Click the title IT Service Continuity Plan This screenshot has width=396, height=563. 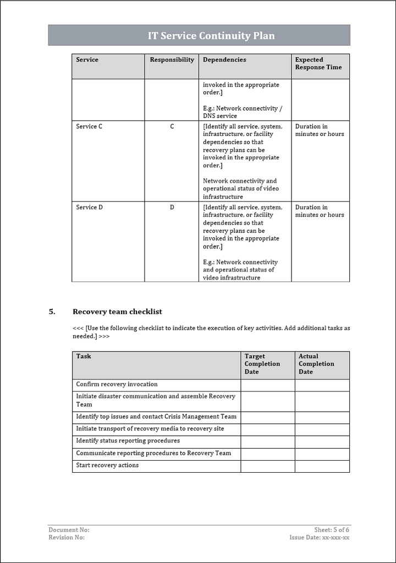click(211, 36)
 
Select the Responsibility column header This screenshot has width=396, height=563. click(172, 60)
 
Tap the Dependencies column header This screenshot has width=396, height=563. click(224, 60)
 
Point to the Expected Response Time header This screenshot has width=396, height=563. click(318, 64)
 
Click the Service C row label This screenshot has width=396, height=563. click(89, 127)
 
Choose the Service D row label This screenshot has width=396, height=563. click(89, 207)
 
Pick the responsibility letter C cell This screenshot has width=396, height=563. click(172, 127)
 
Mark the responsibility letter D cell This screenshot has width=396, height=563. click(172, 207)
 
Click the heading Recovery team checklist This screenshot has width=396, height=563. click(117, 311)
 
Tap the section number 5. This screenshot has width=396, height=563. click(52, 311)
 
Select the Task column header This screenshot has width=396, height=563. click(84, 357)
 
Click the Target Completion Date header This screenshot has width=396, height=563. click(262, 364)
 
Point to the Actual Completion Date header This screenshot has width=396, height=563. click(316, 364)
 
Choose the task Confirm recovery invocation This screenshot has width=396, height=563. click(117, 384)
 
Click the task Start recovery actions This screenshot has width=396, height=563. click(107, 466)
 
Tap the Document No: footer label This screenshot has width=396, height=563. click(69, 530)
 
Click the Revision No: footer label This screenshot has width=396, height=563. click(67, 538)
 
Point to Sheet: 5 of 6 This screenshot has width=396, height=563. click(332, 530)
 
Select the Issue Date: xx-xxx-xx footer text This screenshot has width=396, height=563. click(320, 538)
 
